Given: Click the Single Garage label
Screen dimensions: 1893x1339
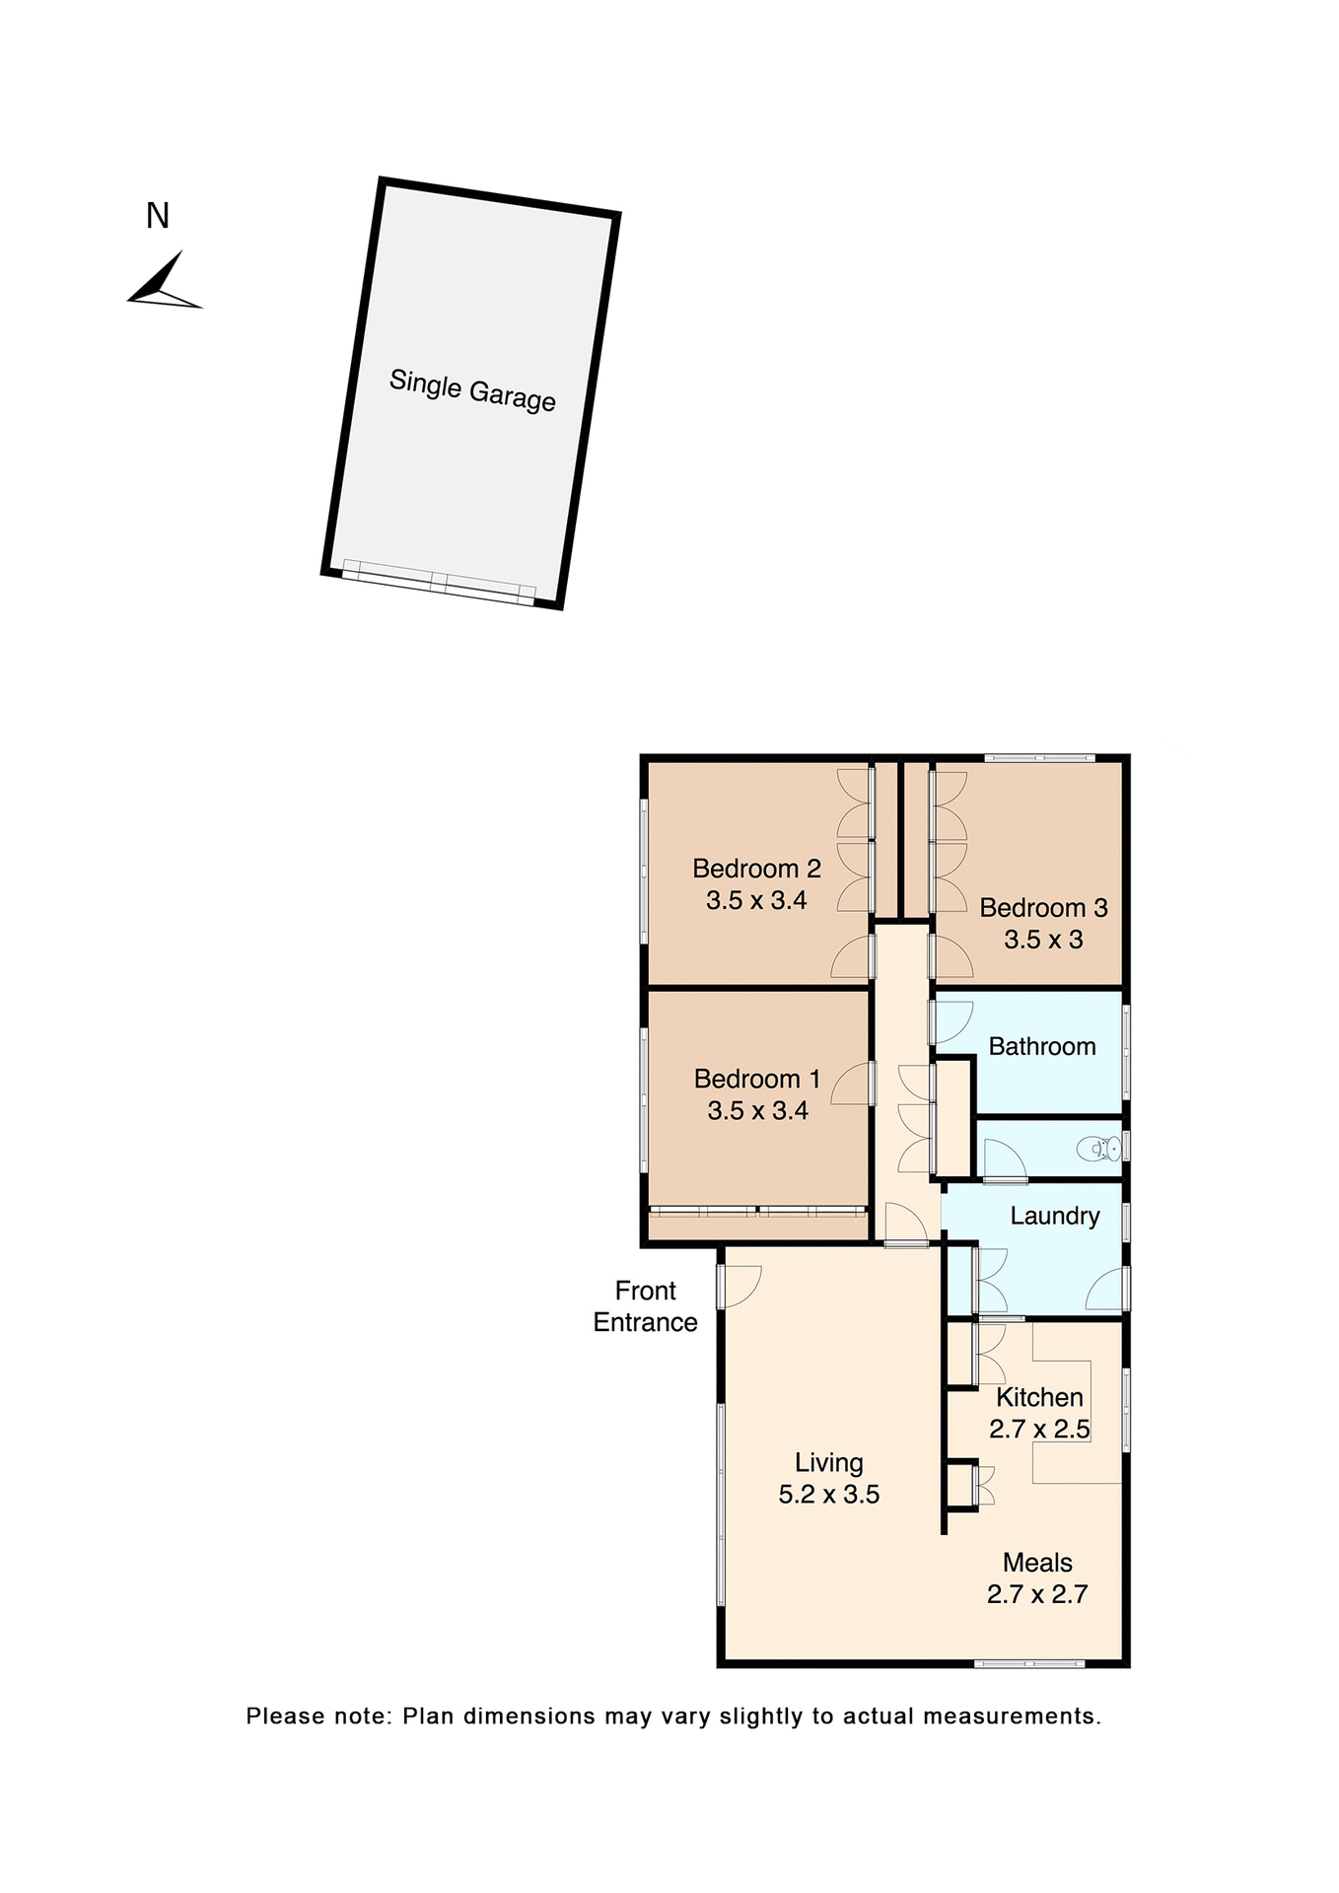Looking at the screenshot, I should [472, 389].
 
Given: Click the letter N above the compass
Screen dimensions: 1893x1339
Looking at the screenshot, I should [158, 216].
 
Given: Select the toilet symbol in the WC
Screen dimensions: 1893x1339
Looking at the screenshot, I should [1098, 1149].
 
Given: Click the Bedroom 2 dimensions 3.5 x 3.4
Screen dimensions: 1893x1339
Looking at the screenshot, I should [756, 900].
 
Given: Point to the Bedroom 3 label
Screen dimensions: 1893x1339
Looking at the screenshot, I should [1043, 908].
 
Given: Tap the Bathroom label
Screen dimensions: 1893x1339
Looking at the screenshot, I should [1042, 1047].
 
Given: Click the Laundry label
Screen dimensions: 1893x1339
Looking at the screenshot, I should [1054, 1216].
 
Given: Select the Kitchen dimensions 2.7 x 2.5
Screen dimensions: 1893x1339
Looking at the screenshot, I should [1039, 1430].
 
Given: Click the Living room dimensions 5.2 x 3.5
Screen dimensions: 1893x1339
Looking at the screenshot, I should [828, 1495].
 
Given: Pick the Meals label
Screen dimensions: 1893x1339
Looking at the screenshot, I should [1037, 1563].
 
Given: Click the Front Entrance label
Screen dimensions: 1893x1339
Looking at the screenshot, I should [645, 1306].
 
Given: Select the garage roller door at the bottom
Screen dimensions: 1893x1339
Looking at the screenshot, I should [438, 582].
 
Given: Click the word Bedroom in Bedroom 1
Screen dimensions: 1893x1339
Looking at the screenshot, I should [746, 1080].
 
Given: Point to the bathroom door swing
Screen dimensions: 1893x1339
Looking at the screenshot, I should [952, 1023].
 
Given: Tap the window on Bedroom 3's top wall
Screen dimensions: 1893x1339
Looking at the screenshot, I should [1039, 757].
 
